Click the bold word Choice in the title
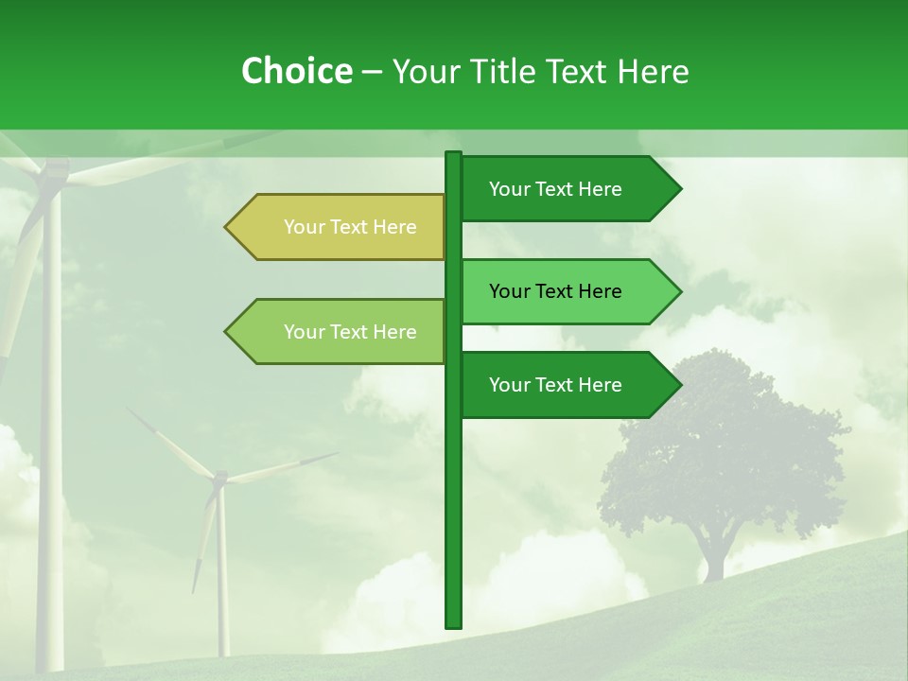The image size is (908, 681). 296,71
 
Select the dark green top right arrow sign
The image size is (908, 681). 567,189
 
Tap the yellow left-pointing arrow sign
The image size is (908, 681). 340,227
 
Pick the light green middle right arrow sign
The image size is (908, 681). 567,291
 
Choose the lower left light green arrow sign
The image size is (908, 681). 340,332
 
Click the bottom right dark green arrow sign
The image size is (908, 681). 567,385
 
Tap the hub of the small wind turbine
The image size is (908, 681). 219,480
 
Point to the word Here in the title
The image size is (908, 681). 653,71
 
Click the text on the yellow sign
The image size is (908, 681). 350,227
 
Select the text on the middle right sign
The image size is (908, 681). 555,291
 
